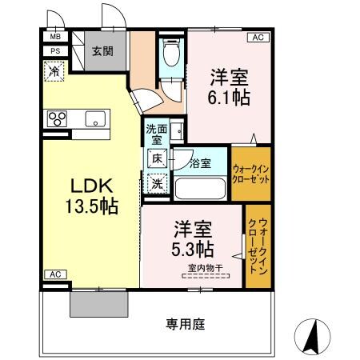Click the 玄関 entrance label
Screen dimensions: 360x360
(x=102, y=51)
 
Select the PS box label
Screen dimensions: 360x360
(x=55, y=51)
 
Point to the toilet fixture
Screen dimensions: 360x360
(x=169, y=55)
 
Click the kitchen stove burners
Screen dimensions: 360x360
(x=58, y=120)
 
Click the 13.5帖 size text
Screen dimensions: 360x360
(x=91, y=206)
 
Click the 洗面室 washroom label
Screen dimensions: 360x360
(x=154, y=134)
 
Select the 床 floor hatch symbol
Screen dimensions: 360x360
(x=158, y=159)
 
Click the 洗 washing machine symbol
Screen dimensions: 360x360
(x=158, y=184)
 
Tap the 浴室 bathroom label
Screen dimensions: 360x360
(x=200, y=164)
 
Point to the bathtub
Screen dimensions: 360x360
(x=201, y=190)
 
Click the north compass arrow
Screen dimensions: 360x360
(x=313, y=333)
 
